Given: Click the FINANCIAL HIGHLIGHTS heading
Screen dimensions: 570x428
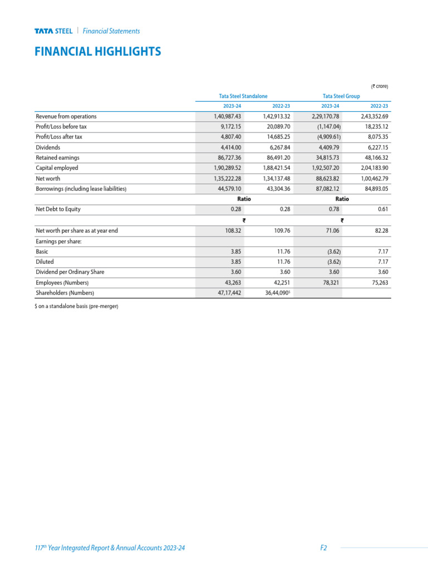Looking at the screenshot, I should (x=98, y=52).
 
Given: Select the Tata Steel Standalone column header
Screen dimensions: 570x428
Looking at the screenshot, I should (x=243, y=96).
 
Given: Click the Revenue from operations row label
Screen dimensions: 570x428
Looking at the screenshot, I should (x=66, y=116).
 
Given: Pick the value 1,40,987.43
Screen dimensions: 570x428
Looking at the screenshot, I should (x=227, y=116).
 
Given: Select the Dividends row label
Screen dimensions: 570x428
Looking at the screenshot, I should (x=48, y=148).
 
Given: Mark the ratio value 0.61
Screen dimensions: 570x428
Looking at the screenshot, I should (x=382, y=209).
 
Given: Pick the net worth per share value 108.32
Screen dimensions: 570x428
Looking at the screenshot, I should (x=231, y=230).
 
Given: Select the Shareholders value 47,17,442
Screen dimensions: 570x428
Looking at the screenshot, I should (x=228, y=292).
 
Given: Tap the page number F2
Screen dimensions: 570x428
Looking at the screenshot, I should (x=323, y=548).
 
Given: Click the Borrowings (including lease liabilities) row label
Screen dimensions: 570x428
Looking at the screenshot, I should (x=81, y=189).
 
